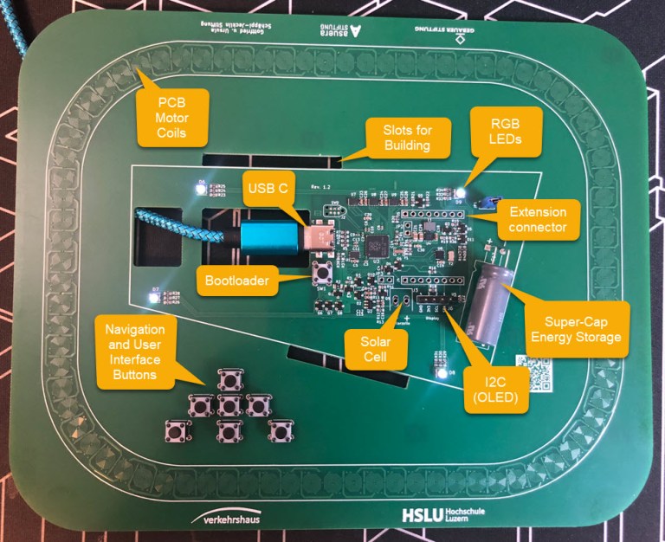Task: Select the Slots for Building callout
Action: (408, 138)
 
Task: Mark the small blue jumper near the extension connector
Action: (485, 203)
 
